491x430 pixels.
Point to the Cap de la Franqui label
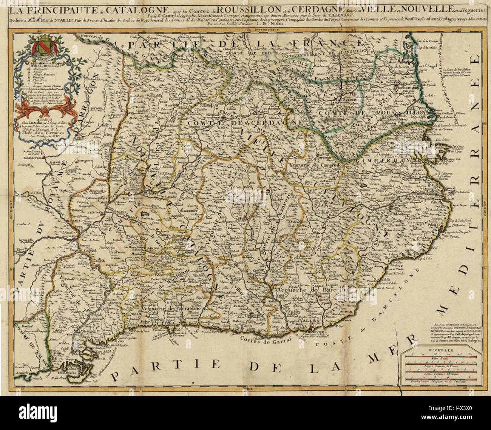coord(428,41)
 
